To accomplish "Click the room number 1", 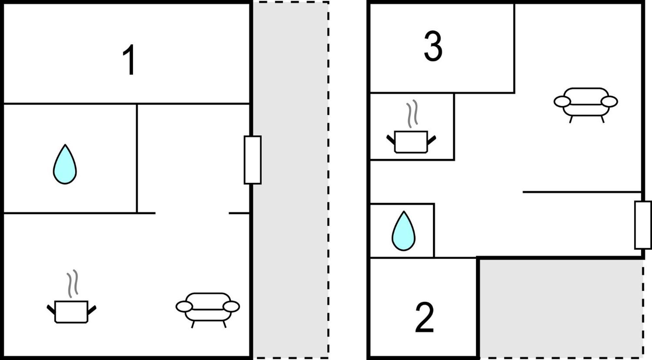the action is tap(129, 60).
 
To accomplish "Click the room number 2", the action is tap(424, 317).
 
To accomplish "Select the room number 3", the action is tap(433, 46).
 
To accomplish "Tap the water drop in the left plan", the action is tap(65, 165).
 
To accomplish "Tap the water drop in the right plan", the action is tap(404, 231).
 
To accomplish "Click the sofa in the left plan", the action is tap(208, 310).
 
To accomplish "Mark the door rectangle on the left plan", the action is tap(253, 160).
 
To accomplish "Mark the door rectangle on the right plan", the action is tap(643, 225).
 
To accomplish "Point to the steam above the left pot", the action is tap(73, 283).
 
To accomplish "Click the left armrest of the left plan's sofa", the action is tap(184, 307).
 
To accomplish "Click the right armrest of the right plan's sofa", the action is tap(609, 102).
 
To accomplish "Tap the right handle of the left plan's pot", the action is tap(92, 310).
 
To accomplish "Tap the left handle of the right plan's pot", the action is tap(391, 140).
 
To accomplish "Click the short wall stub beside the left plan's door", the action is tap(239, 213).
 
